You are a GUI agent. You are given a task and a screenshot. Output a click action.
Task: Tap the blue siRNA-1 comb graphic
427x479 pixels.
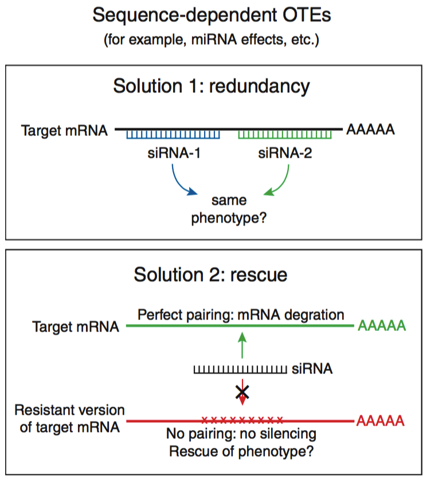point(174,134)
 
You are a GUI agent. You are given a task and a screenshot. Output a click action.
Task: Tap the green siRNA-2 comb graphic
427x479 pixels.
point(285,134)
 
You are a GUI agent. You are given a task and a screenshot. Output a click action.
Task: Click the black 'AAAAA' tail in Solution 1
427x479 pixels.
point(370,130)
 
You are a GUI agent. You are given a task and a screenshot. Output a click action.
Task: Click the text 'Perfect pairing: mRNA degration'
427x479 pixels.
point(240,315)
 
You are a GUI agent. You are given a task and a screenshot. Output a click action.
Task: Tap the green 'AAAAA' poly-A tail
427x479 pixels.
point(381,326)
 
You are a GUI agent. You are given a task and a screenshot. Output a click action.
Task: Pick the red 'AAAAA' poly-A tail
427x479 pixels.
point(381,422)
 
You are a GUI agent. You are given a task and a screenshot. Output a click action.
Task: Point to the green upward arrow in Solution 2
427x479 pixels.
point(242,345)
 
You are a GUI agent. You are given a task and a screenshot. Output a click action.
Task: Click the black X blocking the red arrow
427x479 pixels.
point(243,392)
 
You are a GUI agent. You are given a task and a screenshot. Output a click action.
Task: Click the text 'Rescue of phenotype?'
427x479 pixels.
point(241,451)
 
